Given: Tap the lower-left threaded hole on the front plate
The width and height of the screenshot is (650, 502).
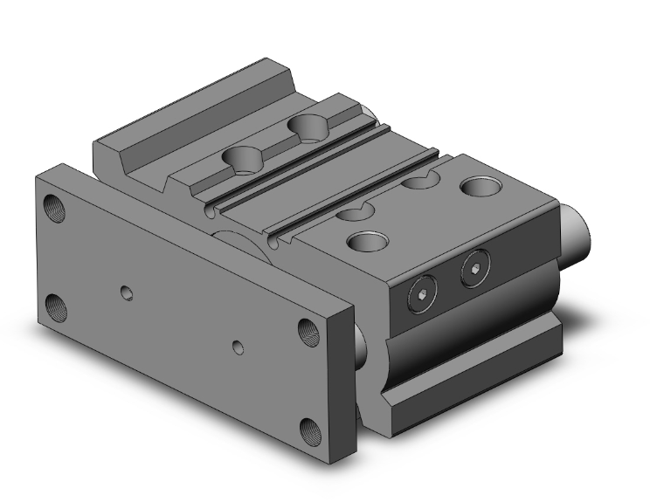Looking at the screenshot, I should pyautogui.click(x=59, y=306).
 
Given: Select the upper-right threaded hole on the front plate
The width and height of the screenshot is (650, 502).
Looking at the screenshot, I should pyautogui.click(x=308, y=330).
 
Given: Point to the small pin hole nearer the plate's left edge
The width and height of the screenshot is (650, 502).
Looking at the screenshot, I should pyautogui.click(x=128, y=291).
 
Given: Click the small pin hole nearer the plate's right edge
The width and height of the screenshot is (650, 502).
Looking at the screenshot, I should pyautogui.click(x=239, y=347).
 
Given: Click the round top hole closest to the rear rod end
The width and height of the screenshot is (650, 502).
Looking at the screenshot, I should pyautogui.click(x=478, y=186).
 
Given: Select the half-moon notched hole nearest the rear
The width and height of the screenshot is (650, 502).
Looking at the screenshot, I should pyautogui.click(x=418, y=182).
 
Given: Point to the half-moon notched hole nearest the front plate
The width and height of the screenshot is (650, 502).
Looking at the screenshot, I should pyautogui.click(x=352, y=212).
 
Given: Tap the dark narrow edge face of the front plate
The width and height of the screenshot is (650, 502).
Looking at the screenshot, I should pyautogui.click(x=343, y=384).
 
